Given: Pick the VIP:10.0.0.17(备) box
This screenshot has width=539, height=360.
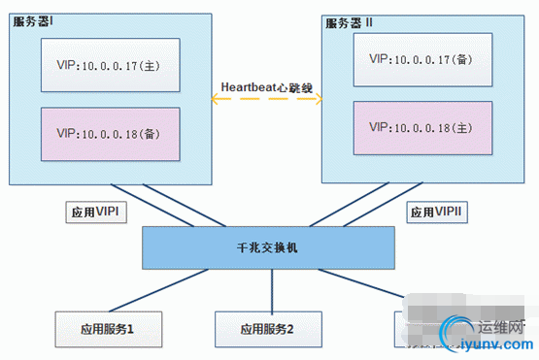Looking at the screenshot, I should coord(421,58).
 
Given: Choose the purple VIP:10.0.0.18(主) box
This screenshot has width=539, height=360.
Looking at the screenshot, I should coord(421,127).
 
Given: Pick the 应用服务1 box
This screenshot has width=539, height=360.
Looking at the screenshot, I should coord(107,330).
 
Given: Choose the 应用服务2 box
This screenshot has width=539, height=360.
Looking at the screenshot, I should coord(267,330).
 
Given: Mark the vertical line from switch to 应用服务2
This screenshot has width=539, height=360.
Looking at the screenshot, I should coord(267,290).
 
